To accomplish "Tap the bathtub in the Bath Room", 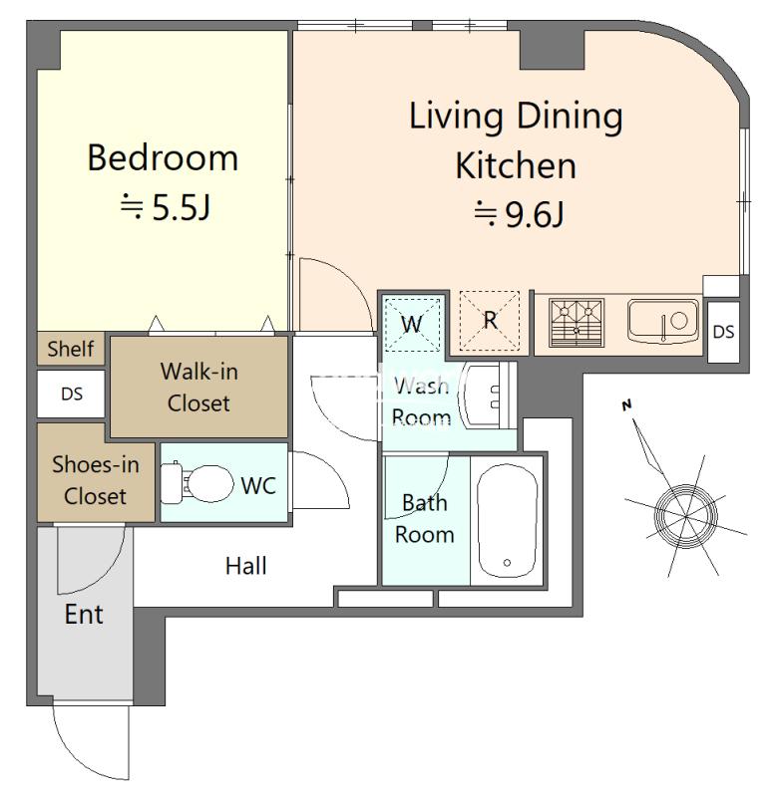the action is coord(507,520).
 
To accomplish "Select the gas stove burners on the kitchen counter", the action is coord(577,323).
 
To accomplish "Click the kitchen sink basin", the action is coord(663,321).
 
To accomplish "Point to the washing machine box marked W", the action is coord(412,325).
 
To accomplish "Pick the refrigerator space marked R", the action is coord(490,320).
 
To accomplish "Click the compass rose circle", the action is coord(685,516).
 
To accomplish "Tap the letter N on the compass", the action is coord(627,405).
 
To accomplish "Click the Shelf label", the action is coord(70,349).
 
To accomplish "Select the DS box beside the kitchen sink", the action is coord(723,332).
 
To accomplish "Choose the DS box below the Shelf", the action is coord(71,394).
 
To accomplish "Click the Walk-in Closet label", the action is coord(198,388).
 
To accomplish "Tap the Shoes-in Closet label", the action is coord(95,480).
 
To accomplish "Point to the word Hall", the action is coord(245,566).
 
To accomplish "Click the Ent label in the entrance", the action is coord(84,614).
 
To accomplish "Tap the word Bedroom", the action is coord(163,158).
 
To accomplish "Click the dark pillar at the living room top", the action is coord(553,49).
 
